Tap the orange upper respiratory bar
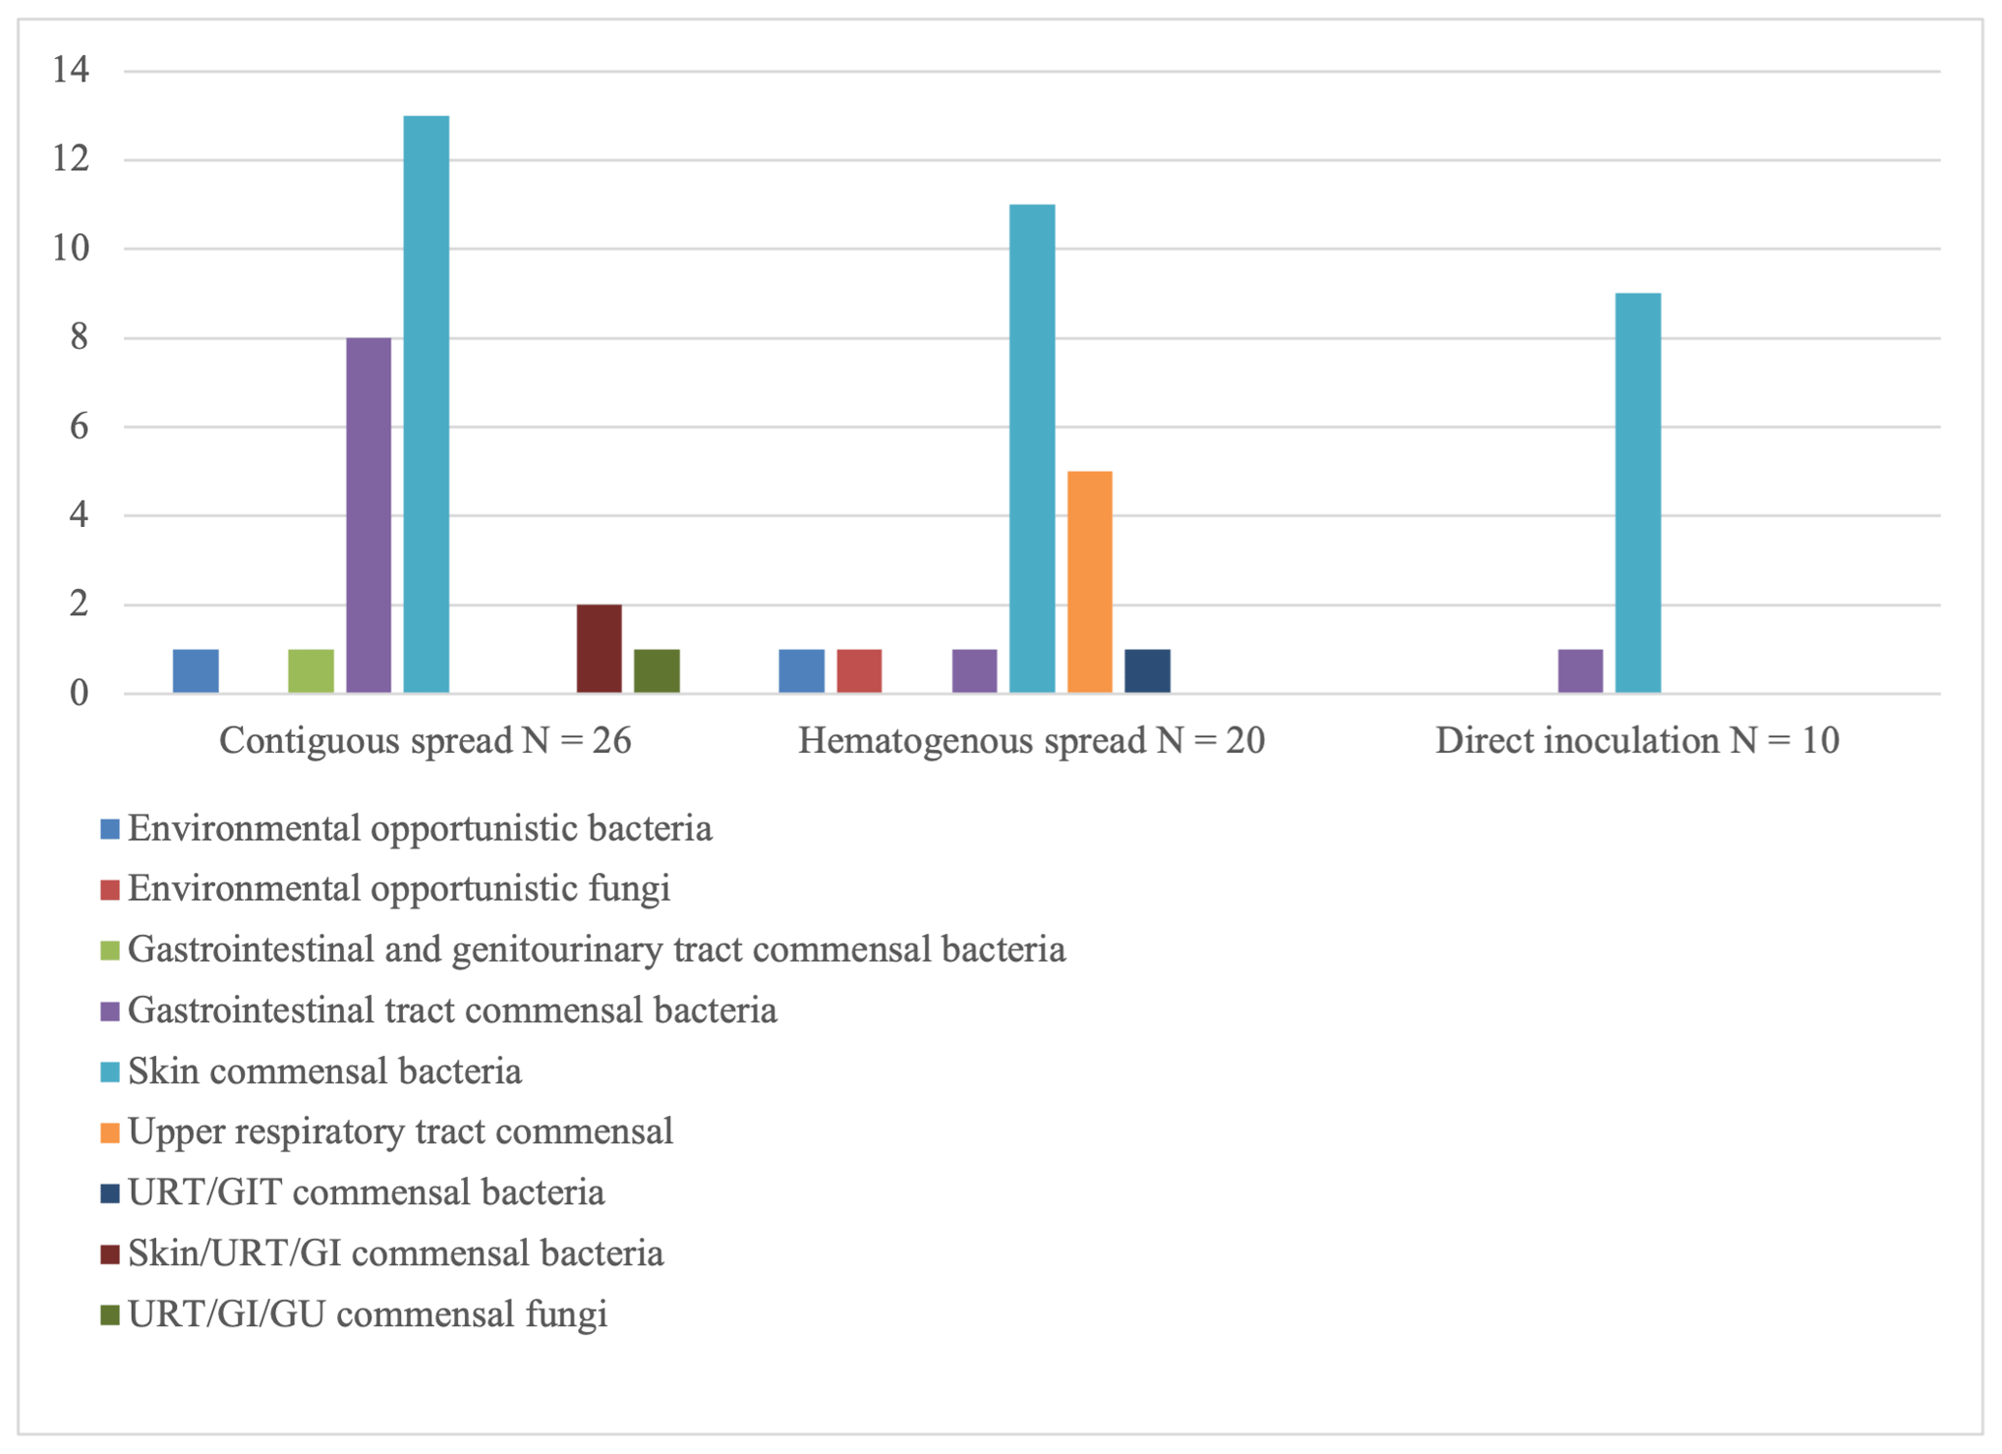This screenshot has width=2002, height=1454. (x=1090, y=582)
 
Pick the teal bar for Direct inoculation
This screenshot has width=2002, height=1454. (x=1638, y=493)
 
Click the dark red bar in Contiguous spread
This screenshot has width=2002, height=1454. (x=600, y=649)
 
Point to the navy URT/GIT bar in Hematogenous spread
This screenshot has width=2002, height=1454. (x=1148, y=671)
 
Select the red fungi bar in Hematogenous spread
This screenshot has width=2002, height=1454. (x=859, y=671)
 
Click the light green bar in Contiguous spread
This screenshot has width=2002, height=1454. (x=311, y=671)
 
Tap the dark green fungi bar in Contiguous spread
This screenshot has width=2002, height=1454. (x=657, y=671)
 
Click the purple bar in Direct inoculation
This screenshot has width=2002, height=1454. (x=1581, y=671)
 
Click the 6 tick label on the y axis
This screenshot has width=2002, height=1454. (x=78, y=426)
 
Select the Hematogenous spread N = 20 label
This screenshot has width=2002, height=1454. (x=1032, y=741)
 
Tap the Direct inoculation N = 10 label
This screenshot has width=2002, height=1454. (x=1637, y=741)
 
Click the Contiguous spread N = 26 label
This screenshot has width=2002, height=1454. (x=425, y=741)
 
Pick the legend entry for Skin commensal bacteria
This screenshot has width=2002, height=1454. (x=324, y=1071)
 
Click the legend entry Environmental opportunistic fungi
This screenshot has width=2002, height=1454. (x=398, y=888)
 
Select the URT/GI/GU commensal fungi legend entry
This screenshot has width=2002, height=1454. (x=367, y=1315)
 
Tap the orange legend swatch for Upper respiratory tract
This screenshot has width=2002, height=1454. (x=110, y=1132)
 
